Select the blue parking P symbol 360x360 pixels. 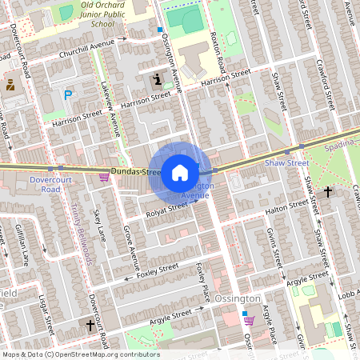[68, 95]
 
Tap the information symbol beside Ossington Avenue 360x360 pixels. [157, 79]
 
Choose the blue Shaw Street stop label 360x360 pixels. [286, 162]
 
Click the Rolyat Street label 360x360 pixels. [166, 210]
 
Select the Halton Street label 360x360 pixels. [286, 206]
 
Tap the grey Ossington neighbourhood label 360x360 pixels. [238, 298]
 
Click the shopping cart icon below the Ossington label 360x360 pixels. [249, 320]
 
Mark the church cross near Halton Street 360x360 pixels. [328, 191]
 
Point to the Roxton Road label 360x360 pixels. [216, 48]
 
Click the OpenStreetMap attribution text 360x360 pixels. [81, 354]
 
